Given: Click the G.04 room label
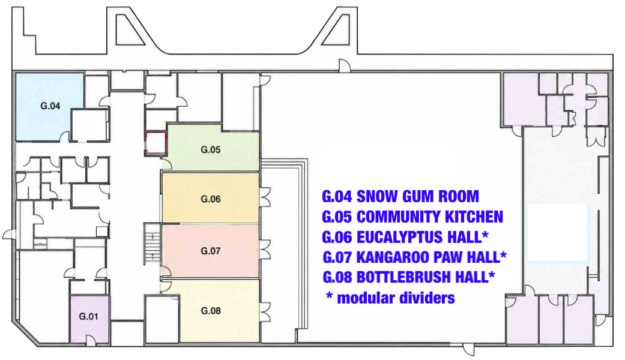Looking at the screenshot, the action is pyautogui.click(x=50, y=106).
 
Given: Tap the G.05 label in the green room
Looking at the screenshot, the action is pyautogui.click(x=211, y=150).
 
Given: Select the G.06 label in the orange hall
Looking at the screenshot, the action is pyautogui.click(x=211, y=199).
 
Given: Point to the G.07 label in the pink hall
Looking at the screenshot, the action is pyautogui.click(x=211, y=251).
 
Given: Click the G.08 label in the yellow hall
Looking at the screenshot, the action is pyautogui.click(x=211, y=311).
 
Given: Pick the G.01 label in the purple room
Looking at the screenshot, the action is pyautogui.click(x=88, y=317).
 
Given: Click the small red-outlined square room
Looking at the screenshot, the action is pyautogui.click(x=155, y=143).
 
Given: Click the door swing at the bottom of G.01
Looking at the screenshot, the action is pyautogui.click(x=91, y=339).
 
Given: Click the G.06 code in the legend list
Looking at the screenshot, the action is pyautogui.click(x=337, y=237).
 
